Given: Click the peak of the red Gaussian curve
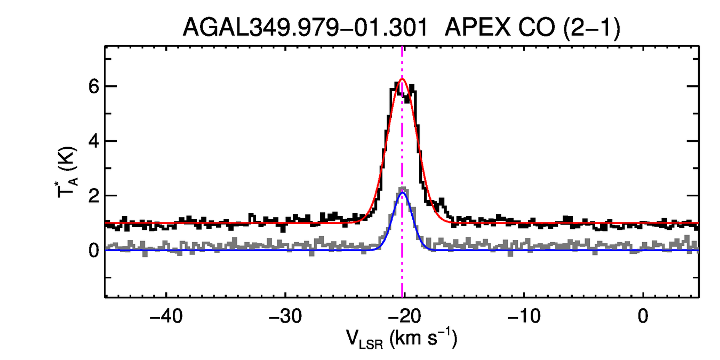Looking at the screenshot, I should [402, 79].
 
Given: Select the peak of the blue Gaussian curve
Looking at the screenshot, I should [403, 193].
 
